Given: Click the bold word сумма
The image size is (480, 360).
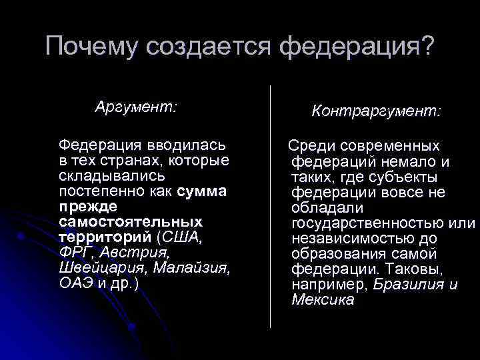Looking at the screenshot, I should [x=203, y=192].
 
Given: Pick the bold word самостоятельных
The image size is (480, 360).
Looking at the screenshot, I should [x=130, y=221].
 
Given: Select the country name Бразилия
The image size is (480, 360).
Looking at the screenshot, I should [x=407, y=285].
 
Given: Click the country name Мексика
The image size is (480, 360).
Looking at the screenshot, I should [x=323, y=300].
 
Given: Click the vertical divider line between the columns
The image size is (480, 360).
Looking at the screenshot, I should [x=271, y=207].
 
